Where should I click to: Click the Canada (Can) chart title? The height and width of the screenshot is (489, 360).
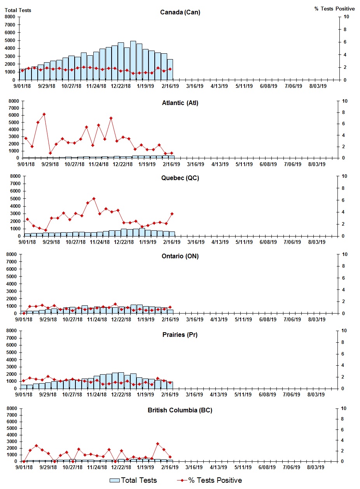(x=180, y=12)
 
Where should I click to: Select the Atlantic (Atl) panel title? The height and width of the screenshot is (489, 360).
(x=180, y=103)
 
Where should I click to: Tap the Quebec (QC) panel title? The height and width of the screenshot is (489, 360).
(x=180, y=178)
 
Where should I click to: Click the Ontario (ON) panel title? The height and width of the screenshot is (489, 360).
(x=180, y=256)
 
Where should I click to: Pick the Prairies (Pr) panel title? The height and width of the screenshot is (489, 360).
(x=180, y=335)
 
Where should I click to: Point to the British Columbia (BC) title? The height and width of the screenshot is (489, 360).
(x=180, y=410)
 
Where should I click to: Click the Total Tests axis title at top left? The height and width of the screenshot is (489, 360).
(x=18, y=10)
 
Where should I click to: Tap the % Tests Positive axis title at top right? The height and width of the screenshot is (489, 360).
(x=334, y=9)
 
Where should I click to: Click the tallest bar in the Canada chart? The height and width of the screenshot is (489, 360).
(x=133, y=60)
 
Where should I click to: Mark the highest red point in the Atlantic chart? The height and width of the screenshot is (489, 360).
(x=44, y=114)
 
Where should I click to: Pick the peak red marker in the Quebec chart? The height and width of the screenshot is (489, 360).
(x=94, y=199)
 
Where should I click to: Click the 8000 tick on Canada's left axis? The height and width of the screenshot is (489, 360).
(x=10, y=17)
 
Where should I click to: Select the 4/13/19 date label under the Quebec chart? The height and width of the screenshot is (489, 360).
(x=220, y=242)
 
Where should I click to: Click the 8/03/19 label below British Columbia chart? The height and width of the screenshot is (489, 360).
(x=317, y=467)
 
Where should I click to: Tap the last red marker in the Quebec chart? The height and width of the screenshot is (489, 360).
(x=172, y=214)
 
